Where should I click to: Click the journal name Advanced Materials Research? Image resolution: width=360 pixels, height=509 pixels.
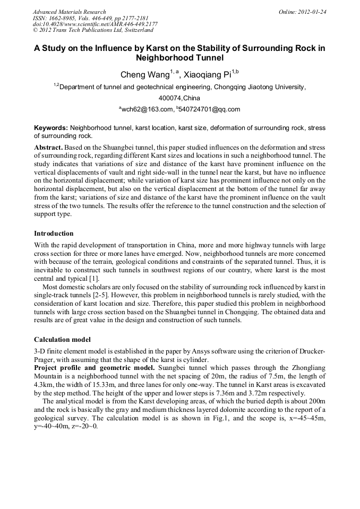point(69,12)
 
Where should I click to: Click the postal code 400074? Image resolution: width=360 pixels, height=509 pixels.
point(170,98)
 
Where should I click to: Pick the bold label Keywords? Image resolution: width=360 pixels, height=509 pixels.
point(51,128)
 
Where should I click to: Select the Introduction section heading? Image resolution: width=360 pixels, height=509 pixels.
point(54,234)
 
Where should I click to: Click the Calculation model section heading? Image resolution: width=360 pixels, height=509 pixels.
point(62,339)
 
